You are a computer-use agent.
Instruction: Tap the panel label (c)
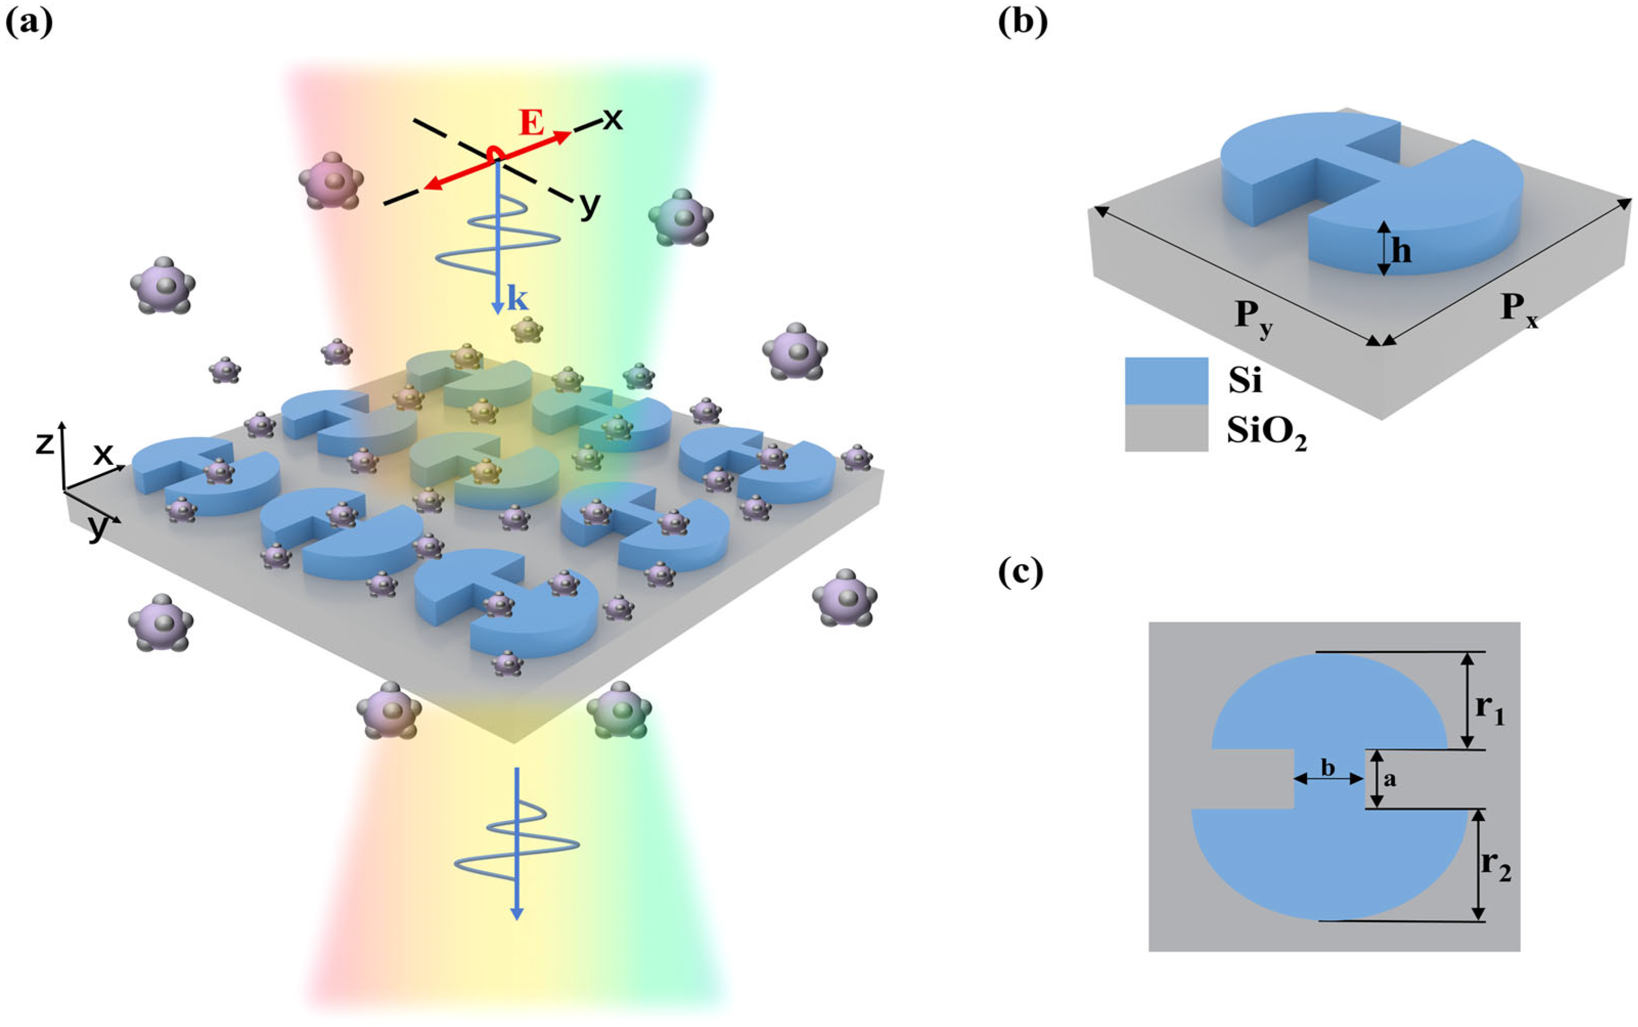pyautogui.click(x=1020, y=573)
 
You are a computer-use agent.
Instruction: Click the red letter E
pyautogui.click(x=532, y=124)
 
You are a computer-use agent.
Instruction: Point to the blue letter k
pyautogui.click(x=517, y=299)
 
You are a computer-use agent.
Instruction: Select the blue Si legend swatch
pyautogui.click(x=1166, y=381)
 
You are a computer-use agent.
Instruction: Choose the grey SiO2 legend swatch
pyautogui.click(x=1166, y=429)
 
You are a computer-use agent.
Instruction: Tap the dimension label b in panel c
pyautogui.click(x=1328, y=768)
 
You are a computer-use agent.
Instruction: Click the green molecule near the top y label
pyautogui.click(x=680, y=217)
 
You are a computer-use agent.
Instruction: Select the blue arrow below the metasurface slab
pyautogui.click(x=516, y=843)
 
